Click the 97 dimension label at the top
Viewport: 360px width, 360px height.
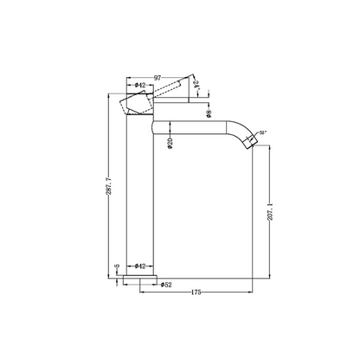pos(158,78)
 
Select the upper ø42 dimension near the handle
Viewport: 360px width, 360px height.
pos(138,86)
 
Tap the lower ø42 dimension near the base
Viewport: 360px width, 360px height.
pos(139,267)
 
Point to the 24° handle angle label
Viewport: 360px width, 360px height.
pos(196,85)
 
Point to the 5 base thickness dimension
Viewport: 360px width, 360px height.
pos(118,267)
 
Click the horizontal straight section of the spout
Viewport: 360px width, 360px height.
pos(190,126)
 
